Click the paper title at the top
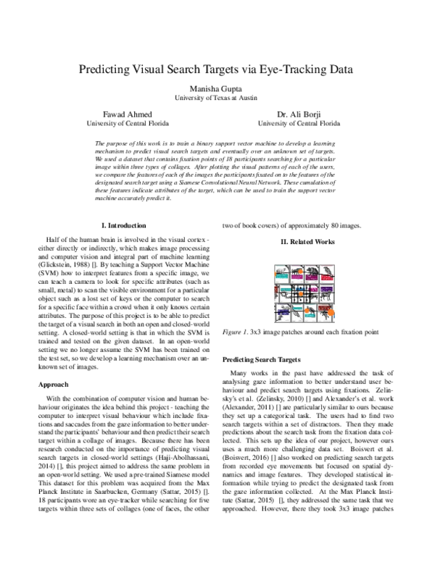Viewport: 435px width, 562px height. (x=217, y=70)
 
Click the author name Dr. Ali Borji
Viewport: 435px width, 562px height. (x=299, y=114)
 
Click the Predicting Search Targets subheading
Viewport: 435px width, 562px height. (x=262, y=359)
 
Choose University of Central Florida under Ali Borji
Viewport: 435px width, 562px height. (x=299, y=123)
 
